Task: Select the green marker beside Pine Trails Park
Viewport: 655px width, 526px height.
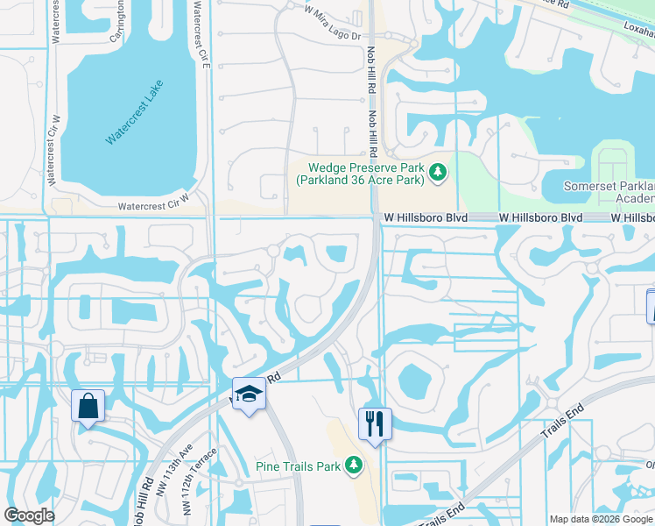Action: pyautogui.click(x=353, y=466)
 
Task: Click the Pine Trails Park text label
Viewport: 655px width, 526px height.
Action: pyautogui.click(x=298, y=466)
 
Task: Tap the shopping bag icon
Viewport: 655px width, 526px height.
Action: pyautogui.click(x=88, y=407)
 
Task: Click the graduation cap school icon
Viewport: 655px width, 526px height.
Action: pyautogui.click(x=249, y=394)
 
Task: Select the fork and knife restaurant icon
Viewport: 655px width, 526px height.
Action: pyautogui.click(x=375, y=424)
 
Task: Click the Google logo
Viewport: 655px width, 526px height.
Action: pyautogui.click(x=29, y=515)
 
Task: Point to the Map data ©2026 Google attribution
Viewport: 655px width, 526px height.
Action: pyautogui.click(x=601, y=519)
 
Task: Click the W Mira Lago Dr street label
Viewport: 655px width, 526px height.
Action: pyautogui.click(x=332, y=11)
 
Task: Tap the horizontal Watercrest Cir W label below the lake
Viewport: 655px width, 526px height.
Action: pyautogui.click(x=153, y=207)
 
